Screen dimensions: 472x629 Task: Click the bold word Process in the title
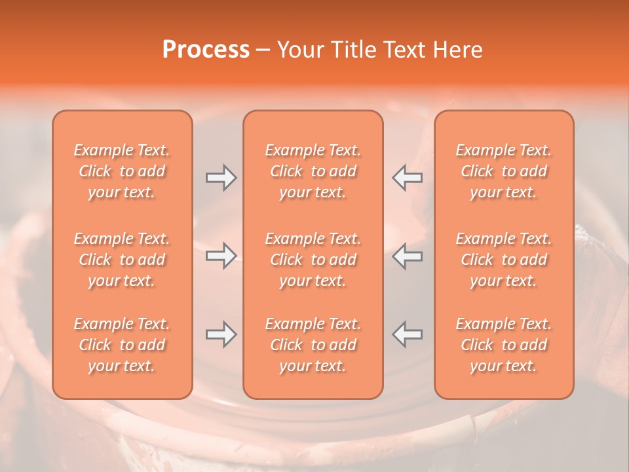point(206,50)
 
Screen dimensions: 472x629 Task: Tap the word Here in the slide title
point(457,50)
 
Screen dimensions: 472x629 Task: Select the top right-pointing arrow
point(221,177)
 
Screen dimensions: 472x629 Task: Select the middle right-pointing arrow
point(221,256)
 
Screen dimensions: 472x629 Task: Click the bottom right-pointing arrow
point(221,334)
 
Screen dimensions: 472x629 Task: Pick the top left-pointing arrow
point(408,177)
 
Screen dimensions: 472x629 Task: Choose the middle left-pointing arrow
point(408,256)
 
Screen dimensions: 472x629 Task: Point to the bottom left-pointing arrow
point(408,334)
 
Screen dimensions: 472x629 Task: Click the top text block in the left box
point(122,171)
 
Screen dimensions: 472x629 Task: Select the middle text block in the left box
point(122,260)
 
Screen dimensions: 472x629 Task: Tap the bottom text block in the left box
point(122,345)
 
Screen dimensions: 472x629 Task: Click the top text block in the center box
point(313,171)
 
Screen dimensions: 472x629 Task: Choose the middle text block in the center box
point(313,260)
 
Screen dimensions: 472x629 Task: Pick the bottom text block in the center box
point(313,345)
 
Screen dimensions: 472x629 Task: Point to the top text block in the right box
point(504,171)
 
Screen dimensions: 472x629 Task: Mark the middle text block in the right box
point(504,260)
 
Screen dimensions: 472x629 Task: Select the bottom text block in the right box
point(504,345)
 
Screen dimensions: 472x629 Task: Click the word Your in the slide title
point(299,50)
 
